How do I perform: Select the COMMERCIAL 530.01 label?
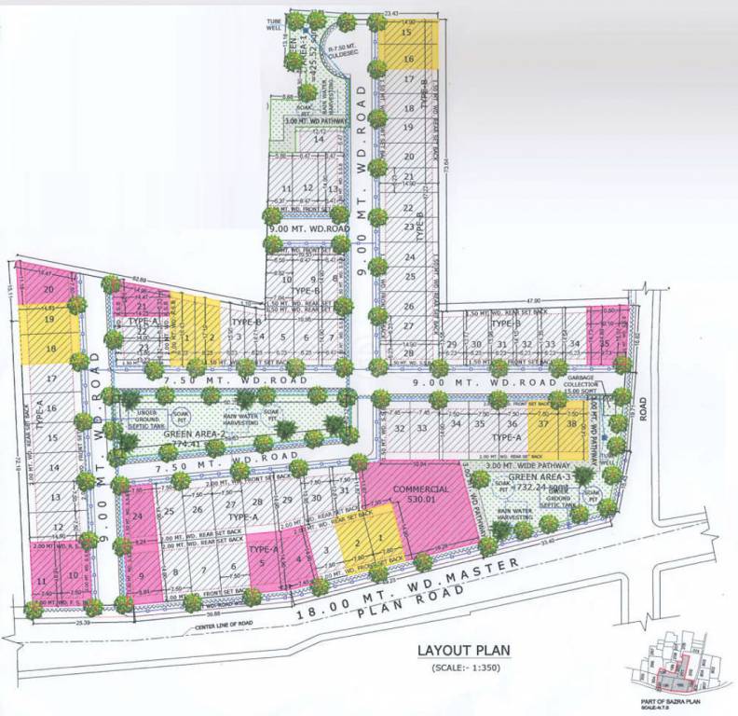pyautogui.click(x=420, y=495)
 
